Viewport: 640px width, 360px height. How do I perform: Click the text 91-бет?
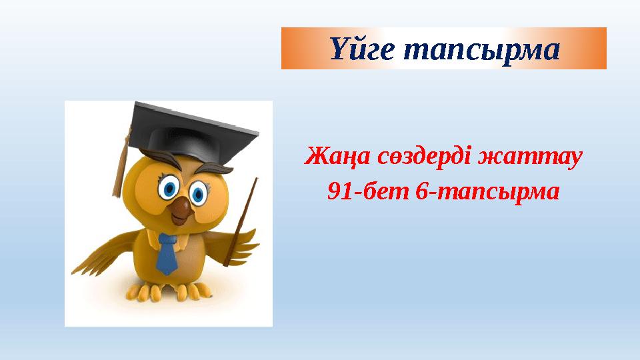pyautogui.click(x=366, y=192)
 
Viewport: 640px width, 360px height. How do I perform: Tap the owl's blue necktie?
pyautogui.click(x=167, y=253)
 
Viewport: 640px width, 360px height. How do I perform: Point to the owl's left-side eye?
pyautogui.click(x=169, y=187)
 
